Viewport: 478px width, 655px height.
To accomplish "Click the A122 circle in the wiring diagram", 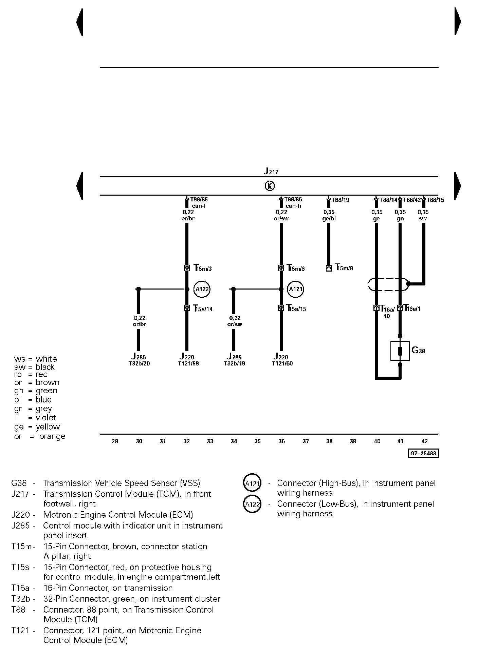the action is pyautogui.click(x=202, y=289).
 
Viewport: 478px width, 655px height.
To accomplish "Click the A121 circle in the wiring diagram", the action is pyautogui.click(x=295, y=289).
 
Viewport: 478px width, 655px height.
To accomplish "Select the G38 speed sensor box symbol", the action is pyautogui.click(x=400, y=351).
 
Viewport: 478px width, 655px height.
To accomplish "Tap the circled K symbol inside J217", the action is pyautogui.click(x=269, y=186).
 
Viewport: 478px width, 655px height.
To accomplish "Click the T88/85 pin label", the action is pyautogui.click(x=199, y=200).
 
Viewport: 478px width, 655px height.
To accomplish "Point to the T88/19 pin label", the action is pyautogui.click(x=340, y=200).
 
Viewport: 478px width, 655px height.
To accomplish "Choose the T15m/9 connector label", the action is pyautogui.click(x=344, y=268).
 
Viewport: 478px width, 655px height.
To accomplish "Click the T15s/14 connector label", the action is pyautogui.click(x=203, y=309).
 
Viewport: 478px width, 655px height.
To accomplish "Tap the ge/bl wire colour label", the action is pyautogui.click(x=329, y=219).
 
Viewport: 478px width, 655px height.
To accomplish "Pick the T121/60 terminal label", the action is pyautogui.click(x=282, y=363).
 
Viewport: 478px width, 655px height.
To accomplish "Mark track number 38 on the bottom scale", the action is pyautogui.click(x=329, y=441).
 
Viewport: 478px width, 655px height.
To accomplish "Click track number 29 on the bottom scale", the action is pyautogui.click(x=115, y=441).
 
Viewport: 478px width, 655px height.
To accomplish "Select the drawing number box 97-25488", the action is pyautogui.click(x=423, y=453).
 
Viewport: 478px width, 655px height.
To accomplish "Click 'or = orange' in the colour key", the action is pyautogui.click(x=40, y=436).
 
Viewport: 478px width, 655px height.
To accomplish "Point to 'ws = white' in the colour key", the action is pyautogui.click(x=36, y=359).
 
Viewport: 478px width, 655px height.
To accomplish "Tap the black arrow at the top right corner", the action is pyautogui.click(x=458, y=21).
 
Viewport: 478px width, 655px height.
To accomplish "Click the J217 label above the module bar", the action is pyautogui.click(x=271, y=171).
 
